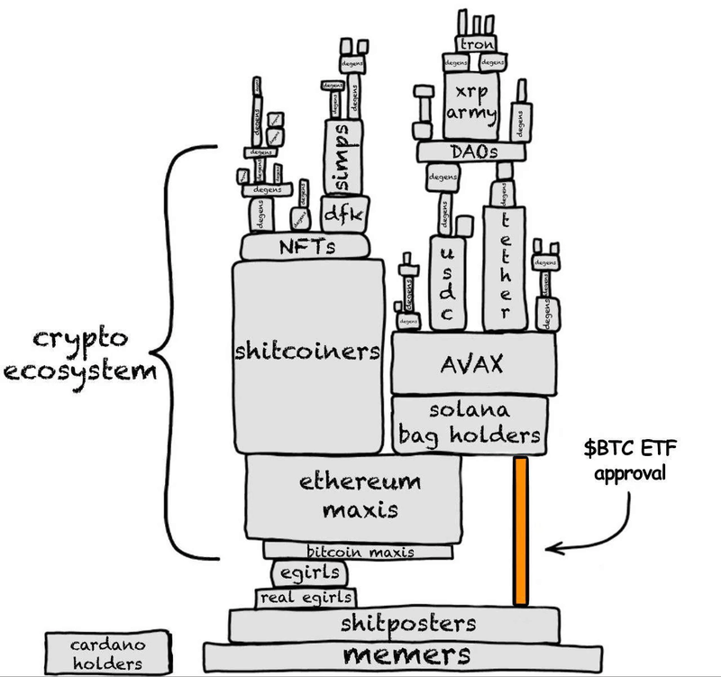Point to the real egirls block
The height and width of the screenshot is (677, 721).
(x=306, y=598)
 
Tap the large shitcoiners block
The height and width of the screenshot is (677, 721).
(x=306, y=351)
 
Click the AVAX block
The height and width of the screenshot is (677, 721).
(x=472, y=364)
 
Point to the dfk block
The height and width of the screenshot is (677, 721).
(x=341, y=215)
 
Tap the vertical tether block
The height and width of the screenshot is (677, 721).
(x=503, y=257)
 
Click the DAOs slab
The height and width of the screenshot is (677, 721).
(x=470, y=152)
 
